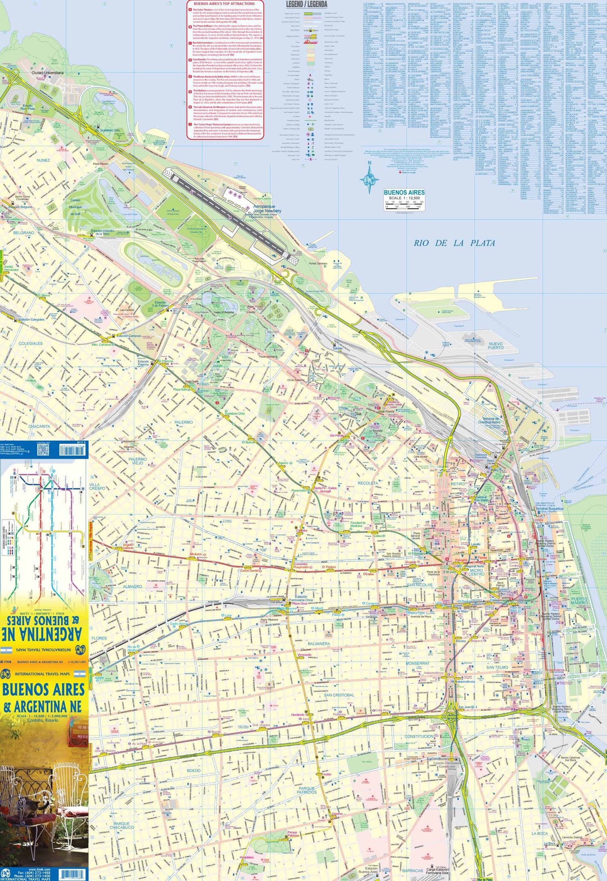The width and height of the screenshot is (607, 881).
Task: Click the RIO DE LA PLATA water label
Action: [454, 243]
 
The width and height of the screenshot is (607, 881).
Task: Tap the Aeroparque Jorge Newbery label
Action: [267, 209]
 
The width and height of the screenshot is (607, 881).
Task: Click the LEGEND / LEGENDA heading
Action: [306, 4]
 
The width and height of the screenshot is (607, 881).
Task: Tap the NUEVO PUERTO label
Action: [496, 345]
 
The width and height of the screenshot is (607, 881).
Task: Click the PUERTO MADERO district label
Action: [579, 601]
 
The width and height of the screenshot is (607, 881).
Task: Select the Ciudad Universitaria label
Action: [49, 73]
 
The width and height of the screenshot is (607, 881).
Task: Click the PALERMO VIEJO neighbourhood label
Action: [138, 461]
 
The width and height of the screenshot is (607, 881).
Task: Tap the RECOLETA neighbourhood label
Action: [367, 483]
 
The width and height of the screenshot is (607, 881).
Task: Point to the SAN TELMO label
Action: [497, 667]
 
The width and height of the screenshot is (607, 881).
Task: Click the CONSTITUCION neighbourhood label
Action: [419, 736]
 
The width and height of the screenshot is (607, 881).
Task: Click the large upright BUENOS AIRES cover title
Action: [44, 689]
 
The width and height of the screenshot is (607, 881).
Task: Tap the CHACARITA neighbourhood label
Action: [39, 426]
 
